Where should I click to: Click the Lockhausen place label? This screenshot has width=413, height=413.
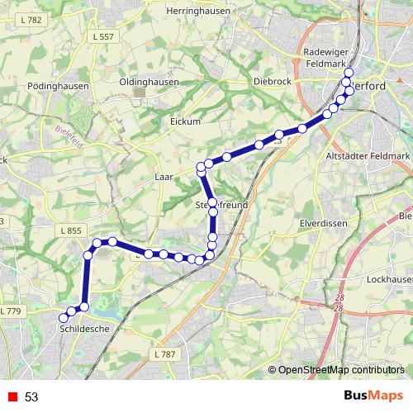[x=390, y=280]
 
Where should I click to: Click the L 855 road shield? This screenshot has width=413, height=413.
[x=70, y=230]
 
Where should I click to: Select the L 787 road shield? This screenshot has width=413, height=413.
[x=165, y=354]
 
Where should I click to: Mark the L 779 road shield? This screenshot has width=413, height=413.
[x=11, y=311]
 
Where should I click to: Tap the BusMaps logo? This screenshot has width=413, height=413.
[x=368, y=396]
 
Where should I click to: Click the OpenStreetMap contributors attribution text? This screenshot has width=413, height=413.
[x=341, y=371]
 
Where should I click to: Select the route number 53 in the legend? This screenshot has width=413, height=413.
[x=31, y=397]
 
